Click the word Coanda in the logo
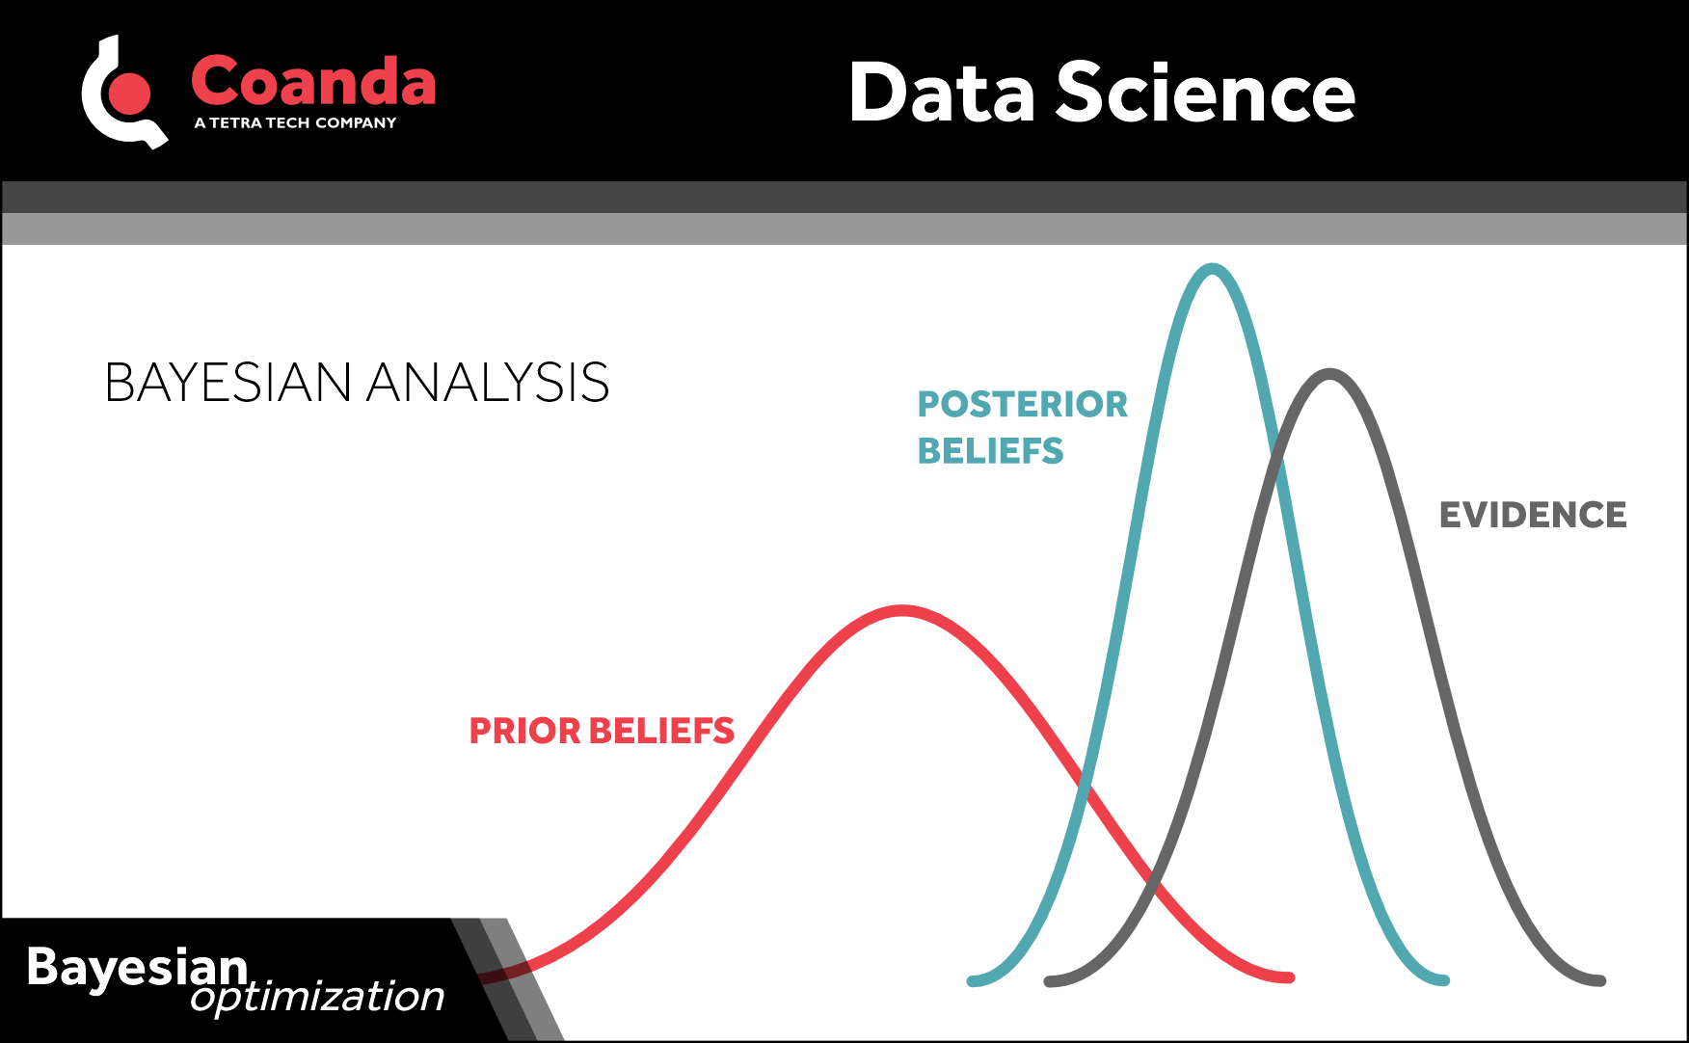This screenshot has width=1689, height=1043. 313,81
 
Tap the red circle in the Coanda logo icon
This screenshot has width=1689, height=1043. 130,94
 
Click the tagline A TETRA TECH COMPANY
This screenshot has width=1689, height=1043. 295,122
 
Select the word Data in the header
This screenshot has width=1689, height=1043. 942,93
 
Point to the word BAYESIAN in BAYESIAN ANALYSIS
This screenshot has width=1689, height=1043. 228,383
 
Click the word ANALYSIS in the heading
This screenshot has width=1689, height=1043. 488,383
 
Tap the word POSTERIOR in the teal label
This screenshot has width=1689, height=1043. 1022,404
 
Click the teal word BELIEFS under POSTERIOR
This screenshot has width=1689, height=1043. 990,451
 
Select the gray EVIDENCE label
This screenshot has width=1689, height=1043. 1532,515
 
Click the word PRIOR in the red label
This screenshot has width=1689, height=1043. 524,731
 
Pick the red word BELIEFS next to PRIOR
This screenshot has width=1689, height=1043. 661,731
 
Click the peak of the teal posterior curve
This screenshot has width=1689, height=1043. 1212,269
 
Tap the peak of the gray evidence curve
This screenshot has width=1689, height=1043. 1329,374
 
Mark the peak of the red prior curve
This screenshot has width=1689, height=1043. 902,610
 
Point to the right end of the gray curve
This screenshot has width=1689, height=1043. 1599,980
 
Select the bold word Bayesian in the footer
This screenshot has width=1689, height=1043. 137,966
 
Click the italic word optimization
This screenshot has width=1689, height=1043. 317,997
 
